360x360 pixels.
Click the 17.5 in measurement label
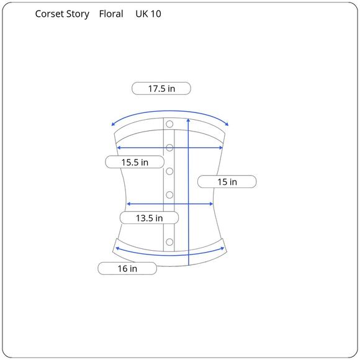tap(161, 88)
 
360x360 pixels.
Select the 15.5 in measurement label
tap(135, 162)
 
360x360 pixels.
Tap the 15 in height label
tap(227, 182)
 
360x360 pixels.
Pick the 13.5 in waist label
tap(149, 218)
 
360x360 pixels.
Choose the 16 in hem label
tap(127, 268)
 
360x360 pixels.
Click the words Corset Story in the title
tap(62, 14)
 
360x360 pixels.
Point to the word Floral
tap(111, 14)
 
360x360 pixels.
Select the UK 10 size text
tap(148, 14)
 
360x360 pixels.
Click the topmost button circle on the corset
tap(169, 124)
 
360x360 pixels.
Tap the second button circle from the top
tap(169, 148)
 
